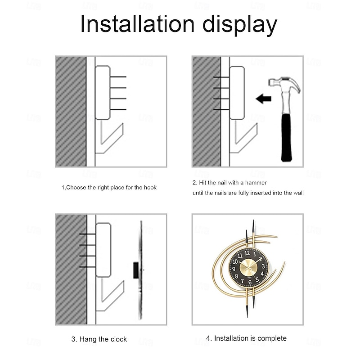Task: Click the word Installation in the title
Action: pos(138,24)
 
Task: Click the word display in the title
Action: pos(240,25)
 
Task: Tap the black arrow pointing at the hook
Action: pos(264,99)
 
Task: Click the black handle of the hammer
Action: pos(286,137)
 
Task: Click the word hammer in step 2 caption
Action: pos(256,183)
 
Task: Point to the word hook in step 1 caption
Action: pos(150,188)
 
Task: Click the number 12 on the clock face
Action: pos(247,253)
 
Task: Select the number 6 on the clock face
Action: pos(250,283)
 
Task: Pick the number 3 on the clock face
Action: pos(263,266)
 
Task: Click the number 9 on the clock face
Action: pos(234,269)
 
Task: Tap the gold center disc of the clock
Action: pos(248,268)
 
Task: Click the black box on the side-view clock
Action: pos(136,270)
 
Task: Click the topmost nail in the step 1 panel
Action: pos(118,76)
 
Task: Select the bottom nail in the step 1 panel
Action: pos(118,109)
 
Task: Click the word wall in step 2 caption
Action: pos(299,193)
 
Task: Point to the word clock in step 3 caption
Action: pos(119,339)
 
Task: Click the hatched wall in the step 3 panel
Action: pos(71,269)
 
